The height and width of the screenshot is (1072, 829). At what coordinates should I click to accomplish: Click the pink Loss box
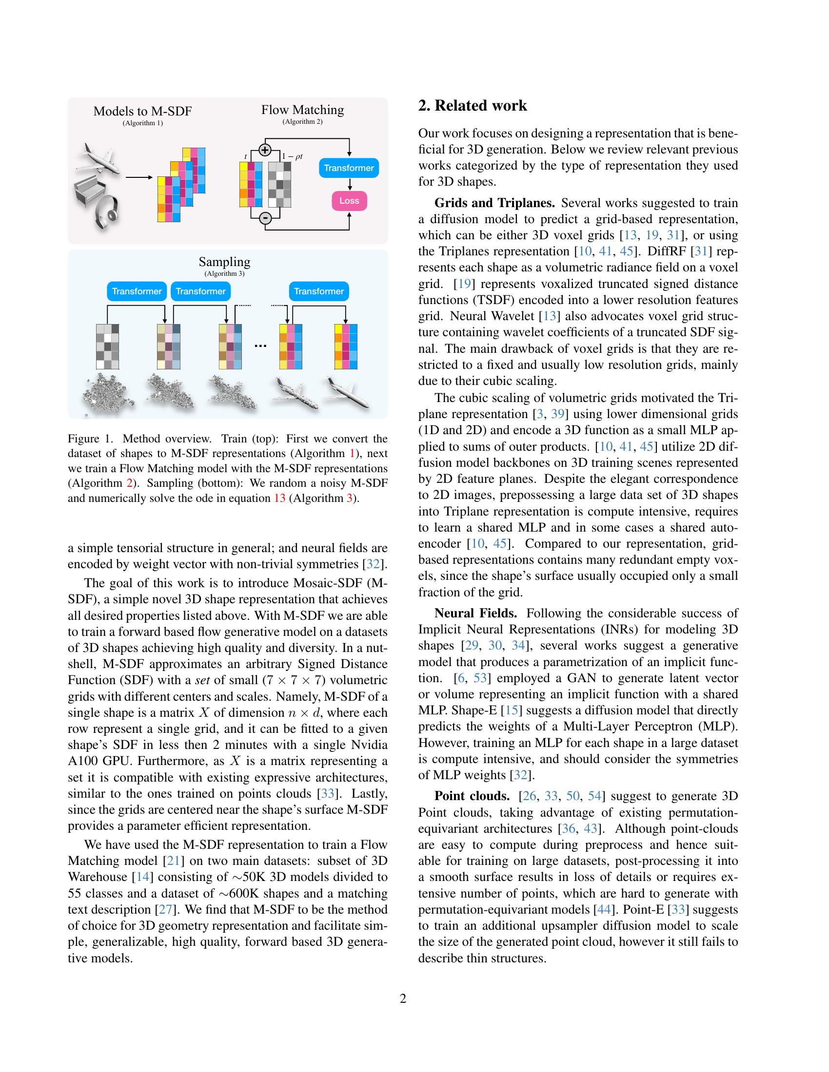click(349, 201)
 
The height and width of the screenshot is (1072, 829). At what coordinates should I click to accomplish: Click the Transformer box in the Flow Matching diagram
click(349, 168)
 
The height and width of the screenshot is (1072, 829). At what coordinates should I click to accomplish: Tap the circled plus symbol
click(265, 150)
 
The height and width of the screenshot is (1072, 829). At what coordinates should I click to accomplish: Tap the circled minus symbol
click(265, 218)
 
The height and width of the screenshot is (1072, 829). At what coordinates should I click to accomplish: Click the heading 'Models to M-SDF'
click(142, 111)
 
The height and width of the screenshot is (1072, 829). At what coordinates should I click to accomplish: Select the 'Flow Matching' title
click(302, 110)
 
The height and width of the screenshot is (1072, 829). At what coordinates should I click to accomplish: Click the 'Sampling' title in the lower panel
click(224, 262)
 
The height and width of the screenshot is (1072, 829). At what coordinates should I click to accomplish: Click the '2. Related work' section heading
click(473, 106)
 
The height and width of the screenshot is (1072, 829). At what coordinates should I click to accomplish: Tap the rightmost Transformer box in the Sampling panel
click(319, 291)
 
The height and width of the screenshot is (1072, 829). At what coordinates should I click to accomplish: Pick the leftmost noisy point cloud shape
click(107, 395)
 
